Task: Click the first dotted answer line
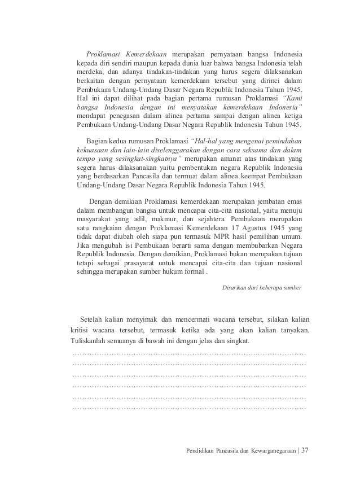coord(189,353)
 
